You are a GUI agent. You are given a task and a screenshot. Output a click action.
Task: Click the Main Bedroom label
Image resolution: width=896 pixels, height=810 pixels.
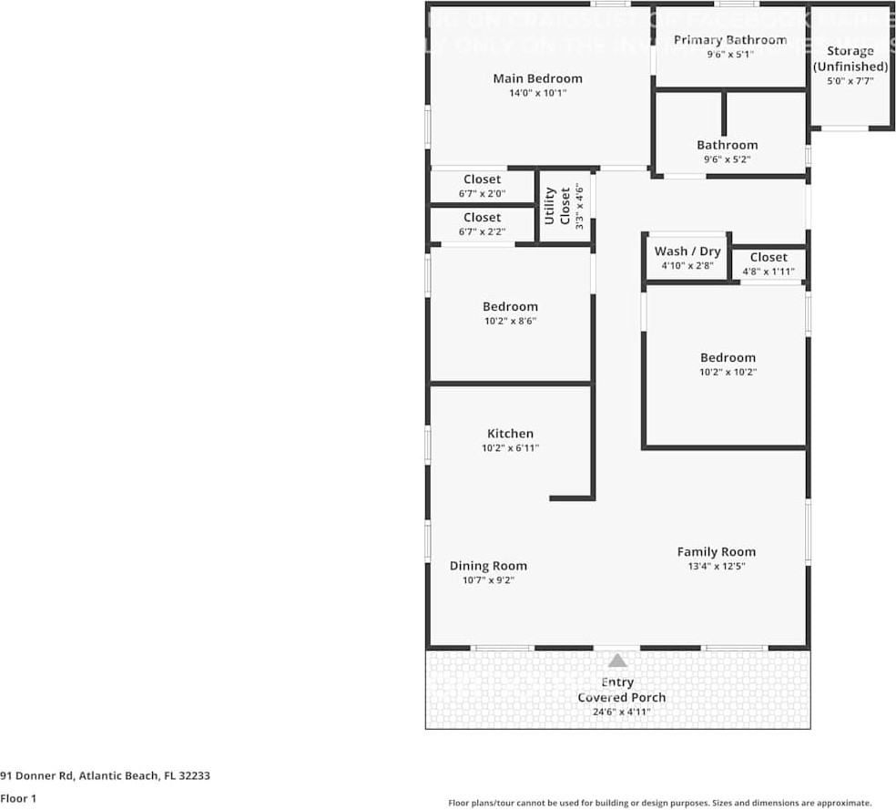tap(537, 78)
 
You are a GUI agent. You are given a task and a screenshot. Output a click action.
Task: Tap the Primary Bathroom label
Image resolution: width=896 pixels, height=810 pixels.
tap(729, 39)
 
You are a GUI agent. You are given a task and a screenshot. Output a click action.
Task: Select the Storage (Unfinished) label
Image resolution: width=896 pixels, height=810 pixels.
tap(850, 58)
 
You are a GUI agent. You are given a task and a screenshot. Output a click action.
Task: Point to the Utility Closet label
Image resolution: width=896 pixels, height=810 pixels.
tap(557, 207)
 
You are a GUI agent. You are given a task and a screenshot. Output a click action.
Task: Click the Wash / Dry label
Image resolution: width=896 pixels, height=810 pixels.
tap(687, 251)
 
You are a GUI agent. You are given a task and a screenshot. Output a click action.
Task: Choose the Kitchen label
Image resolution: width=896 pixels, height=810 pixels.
tap(510, 434)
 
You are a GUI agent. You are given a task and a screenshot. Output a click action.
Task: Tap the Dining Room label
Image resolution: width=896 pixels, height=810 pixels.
tap(488, 566)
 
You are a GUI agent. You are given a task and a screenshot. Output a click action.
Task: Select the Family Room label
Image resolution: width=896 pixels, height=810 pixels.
tap(716, 551)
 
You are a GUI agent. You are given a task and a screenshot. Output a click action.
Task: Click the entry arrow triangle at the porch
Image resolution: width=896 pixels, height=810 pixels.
tap(617, 661)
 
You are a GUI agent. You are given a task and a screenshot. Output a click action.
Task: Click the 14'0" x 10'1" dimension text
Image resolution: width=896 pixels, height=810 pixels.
tap(537, 93)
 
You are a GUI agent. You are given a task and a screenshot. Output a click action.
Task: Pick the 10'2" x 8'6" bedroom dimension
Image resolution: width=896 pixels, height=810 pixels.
tap(510, 321)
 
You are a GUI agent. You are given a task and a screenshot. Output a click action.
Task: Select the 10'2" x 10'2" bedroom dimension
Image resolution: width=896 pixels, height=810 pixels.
tap(728, 372)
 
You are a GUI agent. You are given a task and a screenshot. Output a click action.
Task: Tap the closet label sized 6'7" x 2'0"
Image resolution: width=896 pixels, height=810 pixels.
tap(482, 179)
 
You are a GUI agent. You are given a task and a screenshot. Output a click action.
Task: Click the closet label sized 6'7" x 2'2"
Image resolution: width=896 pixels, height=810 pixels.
tap(482, 218)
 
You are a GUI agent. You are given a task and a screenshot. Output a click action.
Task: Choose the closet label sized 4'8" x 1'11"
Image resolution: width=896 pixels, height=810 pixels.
tap(769, 257)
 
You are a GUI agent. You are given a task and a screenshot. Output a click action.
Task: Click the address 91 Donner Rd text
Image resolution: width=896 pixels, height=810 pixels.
tap(106, 776)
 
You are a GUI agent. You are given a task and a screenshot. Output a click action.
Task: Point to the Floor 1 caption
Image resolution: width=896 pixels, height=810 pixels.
tap(18, 799)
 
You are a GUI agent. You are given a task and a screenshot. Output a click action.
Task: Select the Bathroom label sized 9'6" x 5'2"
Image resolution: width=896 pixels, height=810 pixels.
tap(727, 145)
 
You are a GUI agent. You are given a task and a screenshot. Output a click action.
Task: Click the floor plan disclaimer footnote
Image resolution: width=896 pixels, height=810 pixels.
tap(659, 803)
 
